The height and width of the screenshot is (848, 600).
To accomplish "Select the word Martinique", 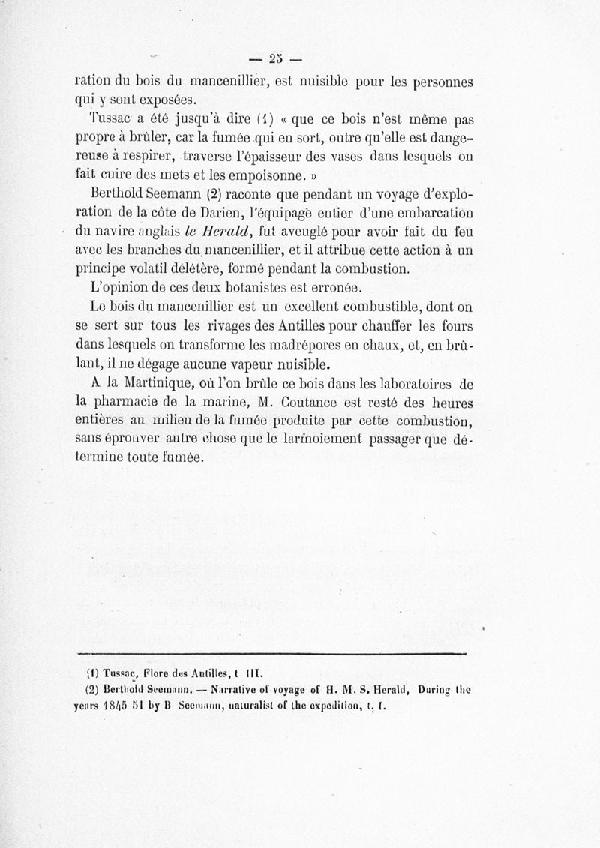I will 146,385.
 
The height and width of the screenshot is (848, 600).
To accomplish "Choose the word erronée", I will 337,288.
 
